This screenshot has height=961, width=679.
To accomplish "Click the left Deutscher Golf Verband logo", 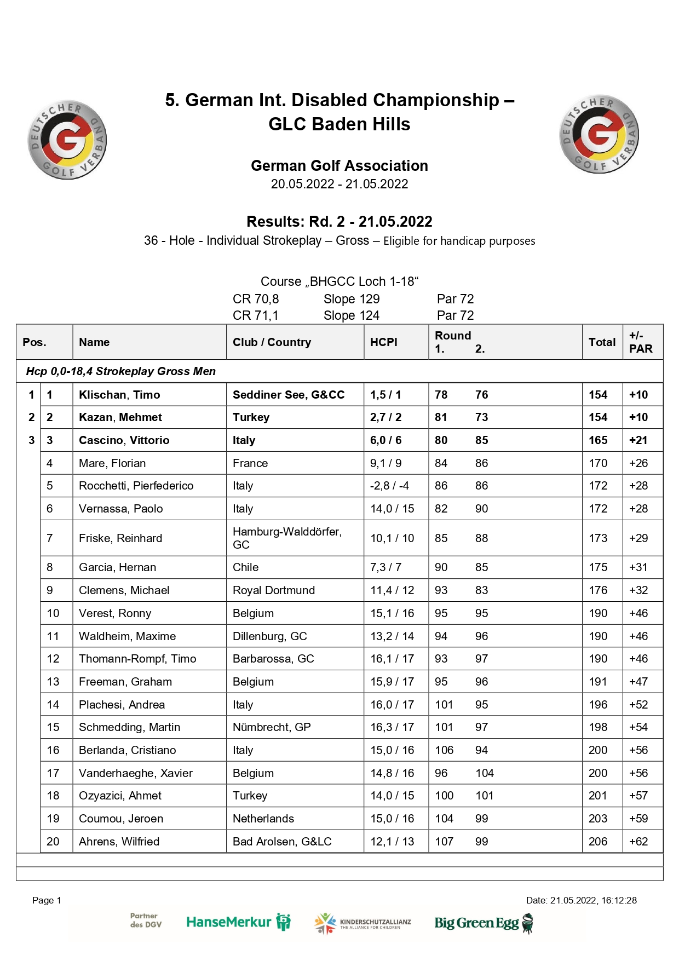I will click(67, 140).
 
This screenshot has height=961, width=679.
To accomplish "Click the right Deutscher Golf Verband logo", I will click(599, 134).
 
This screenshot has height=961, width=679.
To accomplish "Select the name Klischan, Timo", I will click(119, 395).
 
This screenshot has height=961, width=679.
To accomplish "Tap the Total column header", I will click(602, 342).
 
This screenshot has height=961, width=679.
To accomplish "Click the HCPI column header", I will click(383, 342).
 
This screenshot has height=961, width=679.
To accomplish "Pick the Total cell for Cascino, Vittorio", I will click(598, 440).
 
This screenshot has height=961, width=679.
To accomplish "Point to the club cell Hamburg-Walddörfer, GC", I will click(287, 538).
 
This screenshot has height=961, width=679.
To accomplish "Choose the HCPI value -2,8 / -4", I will click(389, 486).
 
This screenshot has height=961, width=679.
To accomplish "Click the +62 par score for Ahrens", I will click(638, 842).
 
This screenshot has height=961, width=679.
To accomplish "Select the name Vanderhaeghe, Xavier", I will click(136, 773).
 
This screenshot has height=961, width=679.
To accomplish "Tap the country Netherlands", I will click(263, 819).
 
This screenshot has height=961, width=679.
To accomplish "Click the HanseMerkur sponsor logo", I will click(238, 922).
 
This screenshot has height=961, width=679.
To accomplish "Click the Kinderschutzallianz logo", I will click(363, 923).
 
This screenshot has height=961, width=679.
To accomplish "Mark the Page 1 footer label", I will click(47, 900).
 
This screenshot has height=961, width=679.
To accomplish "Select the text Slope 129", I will click(352, 299).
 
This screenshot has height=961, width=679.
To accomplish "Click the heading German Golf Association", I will click(339, 165).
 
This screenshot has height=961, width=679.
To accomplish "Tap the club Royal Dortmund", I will click(274, 590).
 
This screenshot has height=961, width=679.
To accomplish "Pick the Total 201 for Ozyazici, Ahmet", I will click(598, 796).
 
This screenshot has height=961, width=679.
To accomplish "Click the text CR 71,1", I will click(256, 315).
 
